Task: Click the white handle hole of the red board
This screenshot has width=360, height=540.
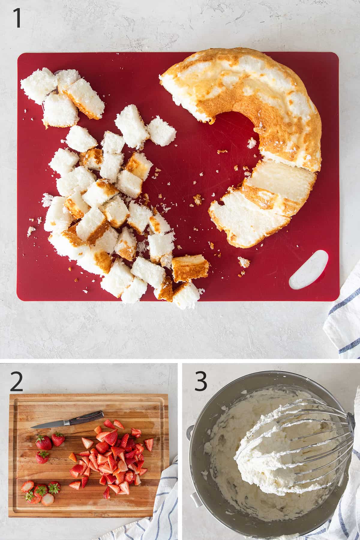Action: click(308, 269)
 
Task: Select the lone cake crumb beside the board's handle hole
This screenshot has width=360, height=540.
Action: click(244, 262)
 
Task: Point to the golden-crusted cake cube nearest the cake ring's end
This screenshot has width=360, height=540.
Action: click(190, 268)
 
